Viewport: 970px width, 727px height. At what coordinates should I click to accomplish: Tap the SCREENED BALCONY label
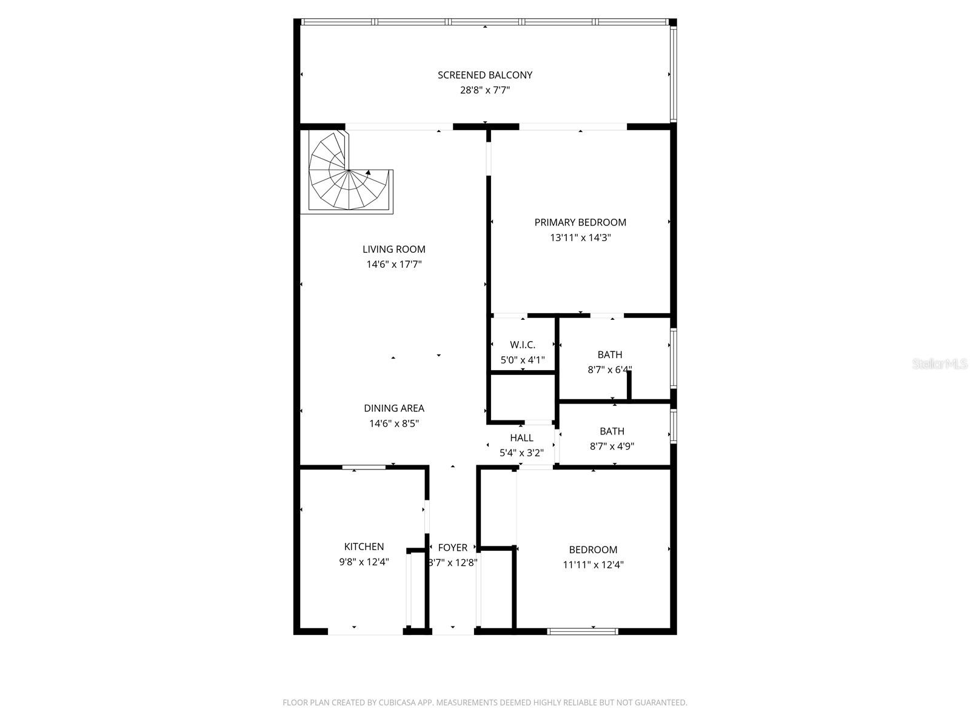[x=485, y=75]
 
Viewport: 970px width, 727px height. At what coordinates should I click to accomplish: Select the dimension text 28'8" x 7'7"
[x=485, y=90]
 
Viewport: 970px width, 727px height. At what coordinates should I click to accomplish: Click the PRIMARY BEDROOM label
[x=580, y=222]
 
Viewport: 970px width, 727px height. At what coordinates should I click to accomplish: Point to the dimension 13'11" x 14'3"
[x=580, y=237]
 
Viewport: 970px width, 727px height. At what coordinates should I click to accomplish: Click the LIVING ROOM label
[x=394, y=249]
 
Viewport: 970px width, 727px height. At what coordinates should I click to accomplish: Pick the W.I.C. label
[x=523, y=345]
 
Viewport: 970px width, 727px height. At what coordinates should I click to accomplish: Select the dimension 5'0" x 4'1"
[x=523, y=360]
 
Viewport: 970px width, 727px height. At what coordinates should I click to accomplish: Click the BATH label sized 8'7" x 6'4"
[x=610, y=354]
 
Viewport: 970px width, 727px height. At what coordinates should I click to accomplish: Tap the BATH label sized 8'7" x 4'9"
[x=612, y=431]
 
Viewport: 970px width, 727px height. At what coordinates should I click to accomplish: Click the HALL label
[x=521, y=437]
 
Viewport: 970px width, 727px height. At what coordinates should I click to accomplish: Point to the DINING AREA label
[x=394, y=408]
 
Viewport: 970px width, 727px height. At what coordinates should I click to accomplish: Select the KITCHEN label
[x=364, y=546]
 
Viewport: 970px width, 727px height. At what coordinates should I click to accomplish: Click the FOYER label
[x=453, y=548]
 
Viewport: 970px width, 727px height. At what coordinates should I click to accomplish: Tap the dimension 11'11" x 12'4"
[x=593, y=565]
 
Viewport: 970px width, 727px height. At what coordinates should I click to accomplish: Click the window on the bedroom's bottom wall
[x=582, y=631]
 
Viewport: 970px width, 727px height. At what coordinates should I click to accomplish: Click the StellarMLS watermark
[x=940, y=364]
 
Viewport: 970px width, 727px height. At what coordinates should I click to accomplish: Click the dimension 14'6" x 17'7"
[x=394, y=264]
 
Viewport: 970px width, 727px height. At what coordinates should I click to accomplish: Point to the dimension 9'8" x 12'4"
[x=364, y=562]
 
